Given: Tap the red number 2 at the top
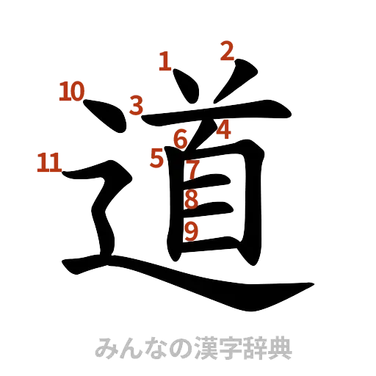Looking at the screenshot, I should coord(227,51).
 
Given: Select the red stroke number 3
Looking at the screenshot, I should coord(137,105).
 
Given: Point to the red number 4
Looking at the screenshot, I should coord(224,130).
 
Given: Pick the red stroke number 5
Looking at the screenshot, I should coord(156,156).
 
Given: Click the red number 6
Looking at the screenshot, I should coord(180,137).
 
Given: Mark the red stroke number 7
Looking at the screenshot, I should coord(192,170).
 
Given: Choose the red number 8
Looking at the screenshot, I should coord(191,200).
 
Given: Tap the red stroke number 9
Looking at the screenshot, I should coord(191,231).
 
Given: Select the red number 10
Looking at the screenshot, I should coord(72,92).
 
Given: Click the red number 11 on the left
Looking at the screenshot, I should coord(48,162).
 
